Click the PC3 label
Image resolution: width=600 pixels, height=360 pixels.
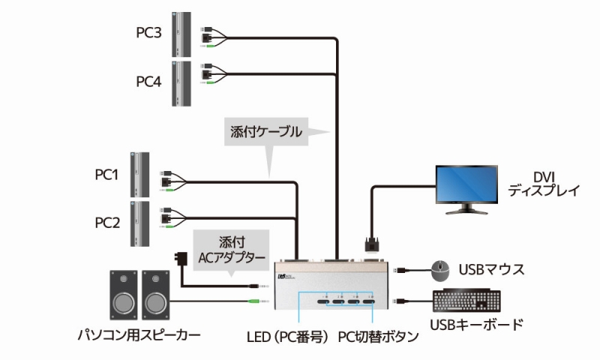pyautogui.click(x=148, y=32)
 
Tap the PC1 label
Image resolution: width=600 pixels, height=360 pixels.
pyautogui.click(x=106, y=175)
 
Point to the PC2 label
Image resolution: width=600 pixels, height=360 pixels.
pyautogui.click(x=106, y=222)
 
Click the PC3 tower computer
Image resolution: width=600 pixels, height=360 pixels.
pyautogui.click(x=178, y=34)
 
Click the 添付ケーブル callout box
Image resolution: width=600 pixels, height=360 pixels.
pyautogui.click(x=267, y=132)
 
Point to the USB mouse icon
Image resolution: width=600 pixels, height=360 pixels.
pyautogui.click(x=439, y=268)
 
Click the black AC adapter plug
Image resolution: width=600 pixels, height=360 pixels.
pyautogui.click(x=181, y=259)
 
